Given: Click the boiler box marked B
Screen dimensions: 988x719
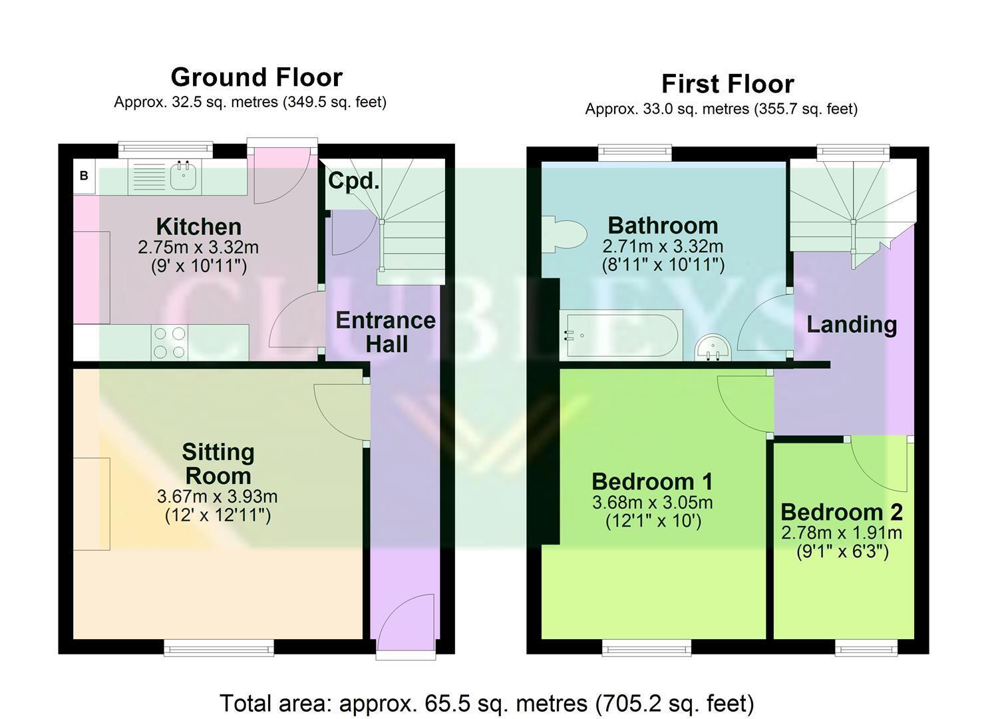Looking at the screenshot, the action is [84, 176].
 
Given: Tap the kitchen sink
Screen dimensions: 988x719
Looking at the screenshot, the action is [183, 175].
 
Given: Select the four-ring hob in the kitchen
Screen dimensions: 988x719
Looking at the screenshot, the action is [170, 342].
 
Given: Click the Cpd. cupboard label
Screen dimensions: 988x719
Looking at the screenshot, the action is [354, 180].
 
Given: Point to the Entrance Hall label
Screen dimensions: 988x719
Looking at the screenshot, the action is [386, 332].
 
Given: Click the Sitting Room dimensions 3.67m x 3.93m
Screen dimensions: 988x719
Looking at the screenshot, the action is [218, 497].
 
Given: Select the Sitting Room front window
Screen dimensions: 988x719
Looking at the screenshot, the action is [219, 648].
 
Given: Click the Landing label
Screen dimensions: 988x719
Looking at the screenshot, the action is [852, 325].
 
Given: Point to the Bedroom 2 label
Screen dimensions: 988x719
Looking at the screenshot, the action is [842, 513].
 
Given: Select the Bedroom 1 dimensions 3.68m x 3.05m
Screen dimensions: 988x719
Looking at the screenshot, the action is [652, 502].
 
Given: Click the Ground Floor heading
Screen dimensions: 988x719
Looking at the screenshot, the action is [257, 77].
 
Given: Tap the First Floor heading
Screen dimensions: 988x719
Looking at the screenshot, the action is [728, 84].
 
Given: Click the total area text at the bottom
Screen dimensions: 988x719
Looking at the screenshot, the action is [487, 703].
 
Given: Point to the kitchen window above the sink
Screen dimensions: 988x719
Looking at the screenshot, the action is [166, 150].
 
